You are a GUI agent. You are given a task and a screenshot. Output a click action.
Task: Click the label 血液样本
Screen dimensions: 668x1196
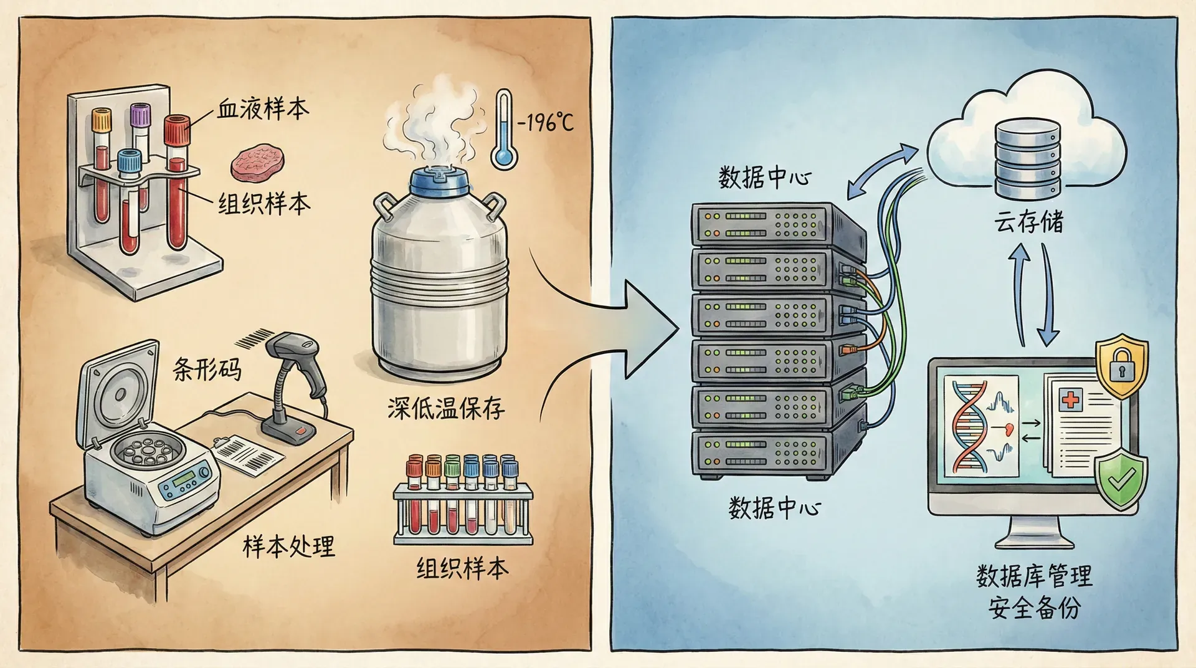(x=262, y=109)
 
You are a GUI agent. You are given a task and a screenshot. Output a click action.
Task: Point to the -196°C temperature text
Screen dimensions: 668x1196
(x=545, y=122)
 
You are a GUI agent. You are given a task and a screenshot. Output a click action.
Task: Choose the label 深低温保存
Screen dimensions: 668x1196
(x=445, y=409)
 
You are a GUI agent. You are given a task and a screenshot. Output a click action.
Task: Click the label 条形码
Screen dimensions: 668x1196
(x=207, y=368)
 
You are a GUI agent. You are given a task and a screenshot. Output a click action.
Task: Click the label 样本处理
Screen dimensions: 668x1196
(x=288, y=546)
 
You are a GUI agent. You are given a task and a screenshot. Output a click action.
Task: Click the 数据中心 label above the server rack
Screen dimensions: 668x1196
(x=764, y=178)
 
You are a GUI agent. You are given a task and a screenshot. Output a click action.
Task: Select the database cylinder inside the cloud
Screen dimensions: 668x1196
(x=1027, y=157)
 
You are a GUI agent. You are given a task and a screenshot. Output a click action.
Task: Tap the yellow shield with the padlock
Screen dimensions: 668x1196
(x=1121, y=366)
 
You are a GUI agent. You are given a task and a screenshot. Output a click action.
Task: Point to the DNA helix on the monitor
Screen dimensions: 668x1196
(x=969, y=426)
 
